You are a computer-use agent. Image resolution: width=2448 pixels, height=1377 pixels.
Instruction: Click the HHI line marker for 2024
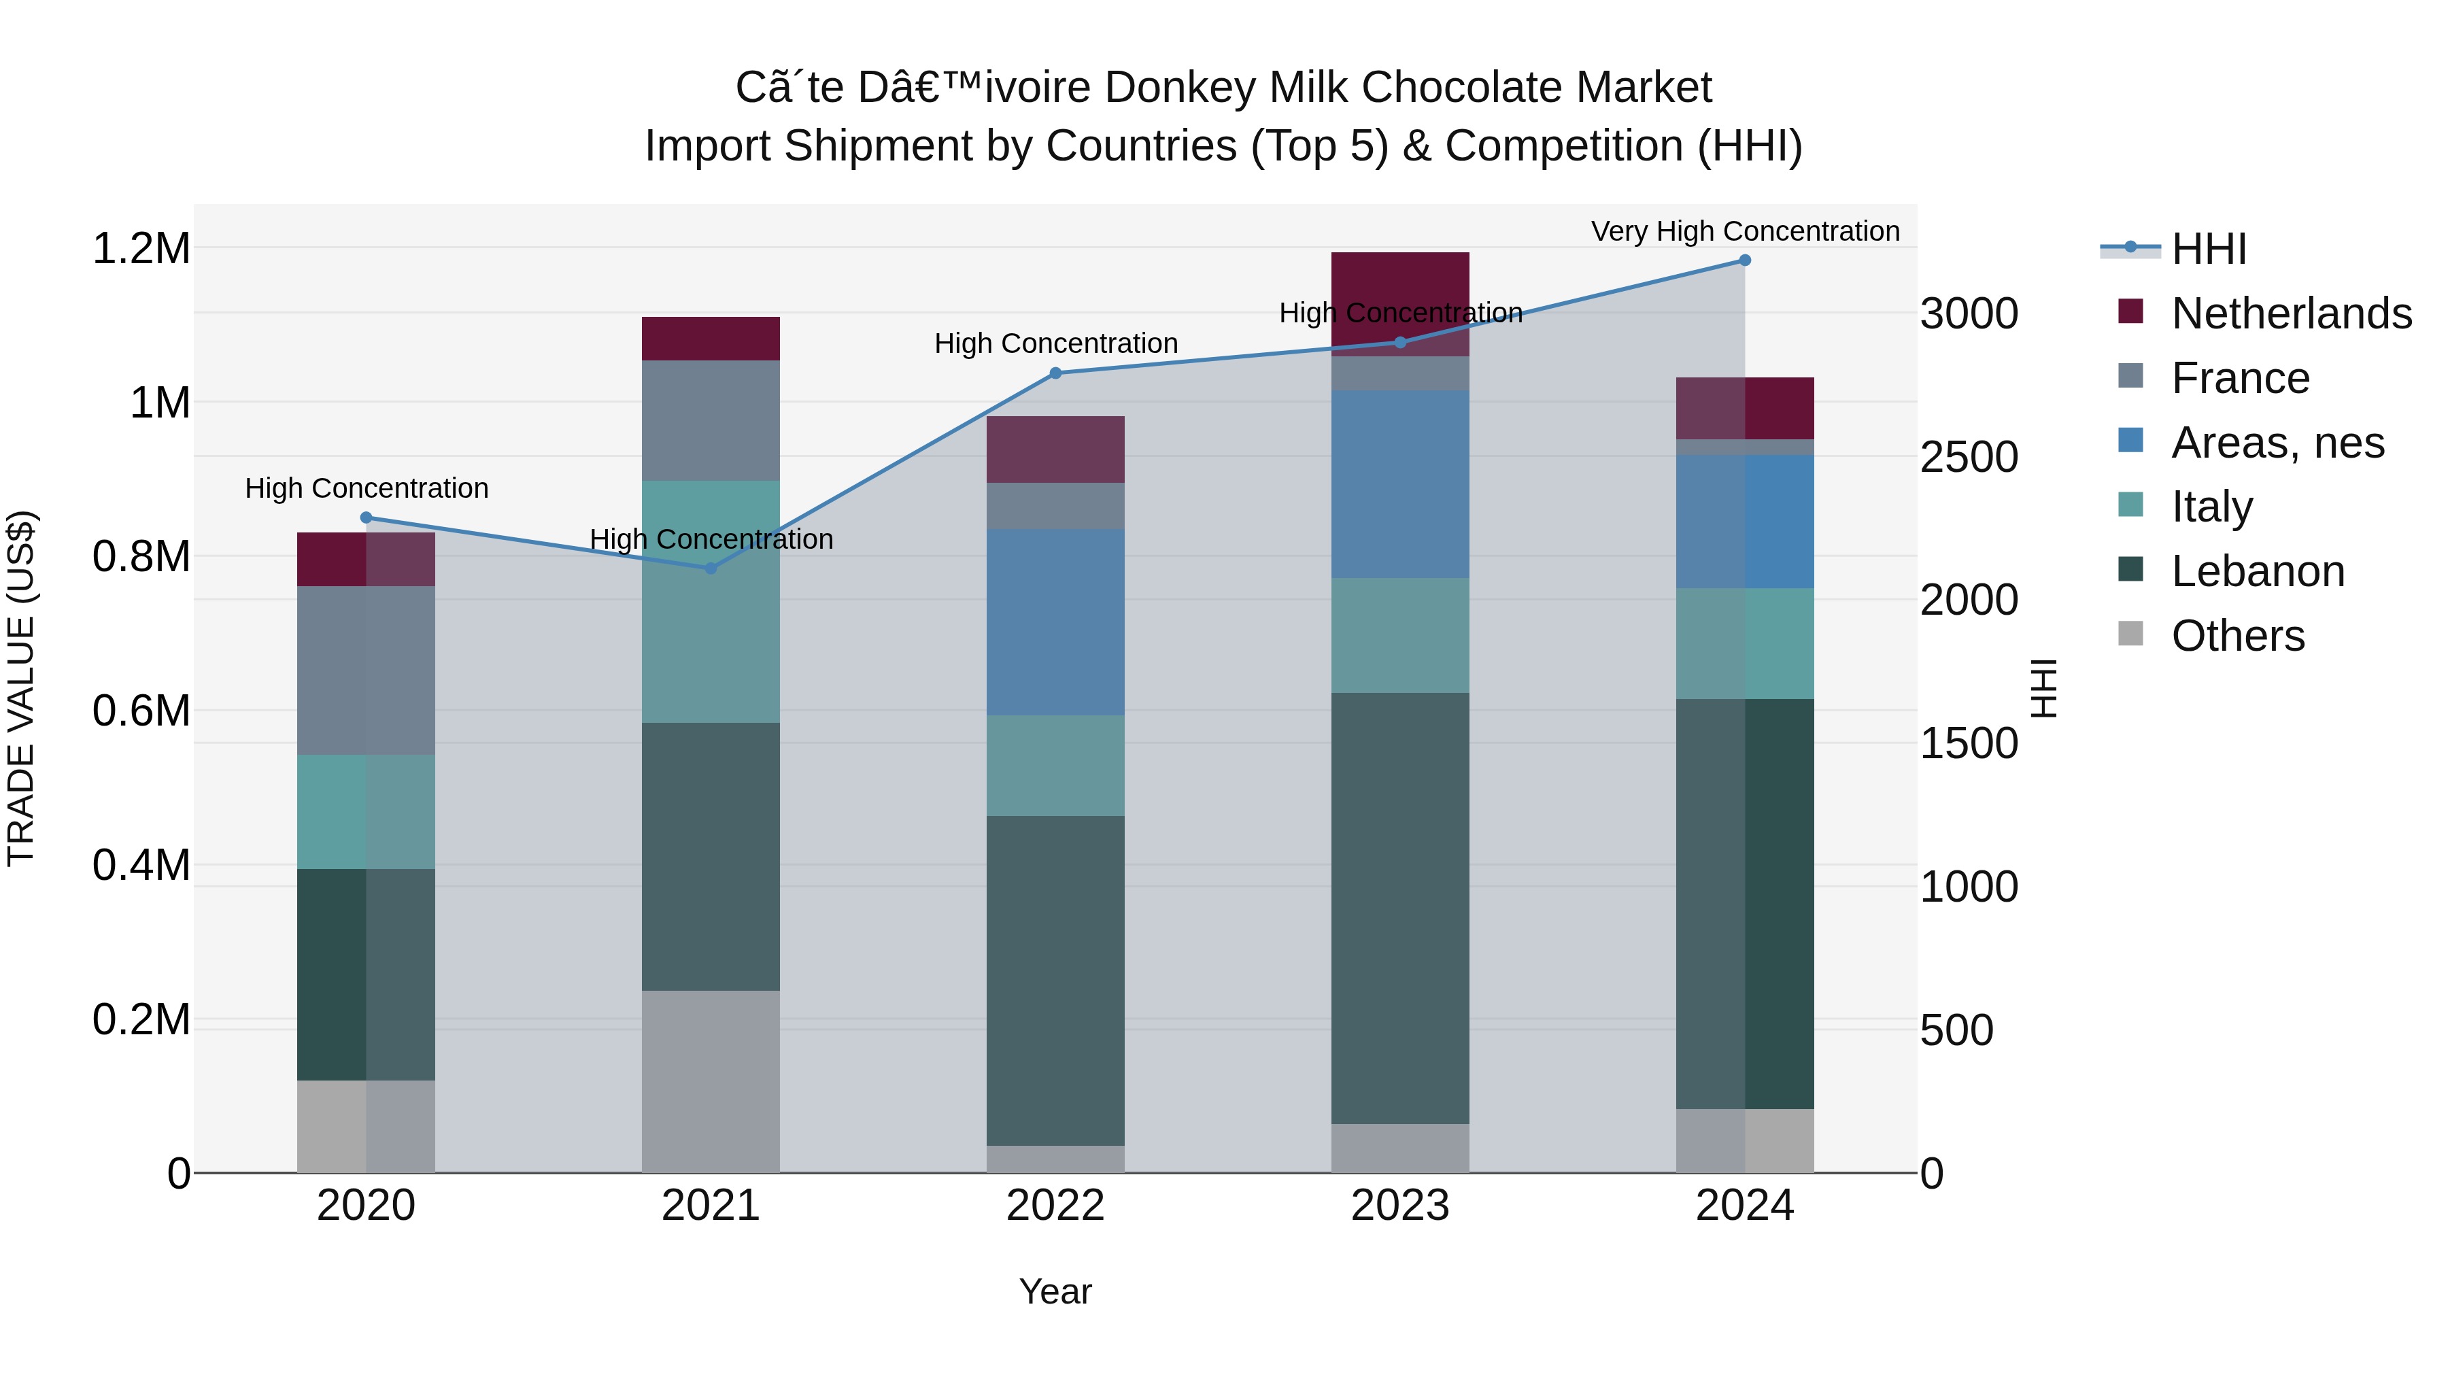coord(1745,260)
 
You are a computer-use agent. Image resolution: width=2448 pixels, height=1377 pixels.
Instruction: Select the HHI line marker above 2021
coord(710,568)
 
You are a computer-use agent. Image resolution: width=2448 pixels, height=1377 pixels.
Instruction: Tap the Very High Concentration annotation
coord(1745,231)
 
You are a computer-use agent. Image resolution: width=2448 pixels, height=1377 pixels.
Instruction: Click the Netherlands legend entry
coord(2291,313)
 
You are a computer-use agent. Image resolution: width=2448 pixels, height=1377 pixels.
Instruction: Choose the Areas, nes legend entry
coord(2277,443)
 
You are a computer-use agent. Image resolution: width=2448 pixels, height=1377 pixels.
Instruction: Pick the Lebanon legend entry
coord(2258,571)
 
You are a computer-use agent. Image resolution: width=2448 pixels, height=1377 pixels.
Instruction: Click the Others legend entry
coord(2237,636)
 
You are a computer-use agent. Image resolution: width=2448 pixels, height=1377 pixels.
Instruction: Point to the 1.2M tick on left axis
coord(141,249)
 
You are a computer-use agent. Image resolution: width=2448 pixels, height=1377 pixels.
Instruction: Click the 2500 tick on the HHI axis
coord(1968,457)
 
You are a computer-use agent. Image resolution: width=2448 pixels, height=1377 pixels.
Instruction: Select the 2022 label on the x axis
coord(1055,1206)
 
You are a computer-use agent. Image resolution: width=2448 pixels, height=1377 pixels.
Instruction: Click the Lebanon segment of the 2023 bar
coord(1400,908)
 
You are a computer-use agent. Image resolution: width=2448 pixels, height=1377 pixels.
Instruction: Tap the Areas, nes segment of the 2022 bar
coord(1055,622)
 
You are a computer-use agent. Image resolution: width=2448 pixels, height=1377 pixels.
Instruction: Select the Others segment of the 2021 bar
coord(710,1081)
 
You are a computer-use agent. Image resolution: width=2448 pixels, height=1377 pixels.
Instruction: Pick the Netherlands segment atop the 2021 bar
coord(710,339)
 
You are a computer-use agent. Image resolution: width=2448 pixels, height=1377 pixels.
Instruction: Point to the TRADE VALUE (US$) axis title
coord(21,688)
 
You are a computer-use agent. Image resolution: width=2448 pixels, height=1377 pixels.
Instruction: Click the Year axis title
coord(1055,1291)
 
